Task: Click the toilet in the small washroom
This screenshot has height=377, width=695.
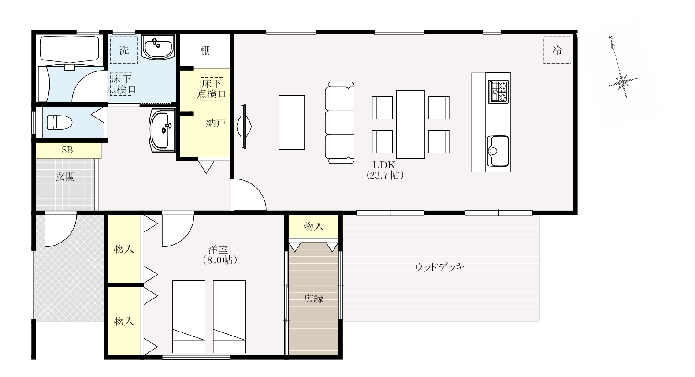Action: point(59,122)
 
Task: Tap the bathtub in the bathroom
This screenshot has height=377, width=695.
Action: point(70,50)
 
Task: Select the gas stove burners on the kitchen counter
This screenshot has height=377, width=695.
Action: point(498,91)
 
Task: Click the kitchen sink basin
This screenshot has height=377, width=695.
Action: point(498,151)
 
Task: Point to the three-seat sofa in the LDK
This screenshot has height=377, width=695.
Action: point(340,123)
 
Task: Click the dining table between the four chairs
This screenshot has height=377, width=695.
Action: point(410,124)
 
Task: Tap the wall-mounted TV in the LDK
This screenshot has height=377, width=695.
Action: point(244,126)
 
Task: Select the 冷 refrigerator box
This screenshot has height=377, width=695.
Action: point(557,50)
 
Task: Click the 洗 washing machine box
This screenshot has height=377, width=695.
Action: point(124,50)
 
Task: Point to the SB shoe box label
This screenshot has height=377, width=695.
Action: point(67,150)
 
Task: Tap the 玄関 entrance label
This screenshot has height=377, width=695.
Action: point(66,177)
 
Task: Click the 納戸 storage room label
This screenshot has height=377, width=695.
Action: point(216,123)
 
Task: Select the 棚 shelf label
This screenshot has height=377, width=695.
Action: point(205,50)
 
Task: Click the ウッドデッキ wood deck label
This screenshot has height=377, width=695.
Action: point(440,267)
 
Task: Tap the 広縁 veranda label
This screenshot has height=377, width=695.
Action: point(314,299)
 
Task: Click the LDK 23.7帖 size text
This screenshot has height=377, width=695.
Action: point(385,175)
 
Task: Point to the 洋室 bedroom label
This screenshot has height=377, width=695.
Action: point(218,250)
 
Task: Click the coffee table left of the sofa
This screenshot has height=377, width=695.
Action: point(292,122)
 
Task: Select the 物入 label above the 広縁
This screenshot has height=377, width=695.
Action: point(314,226)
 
